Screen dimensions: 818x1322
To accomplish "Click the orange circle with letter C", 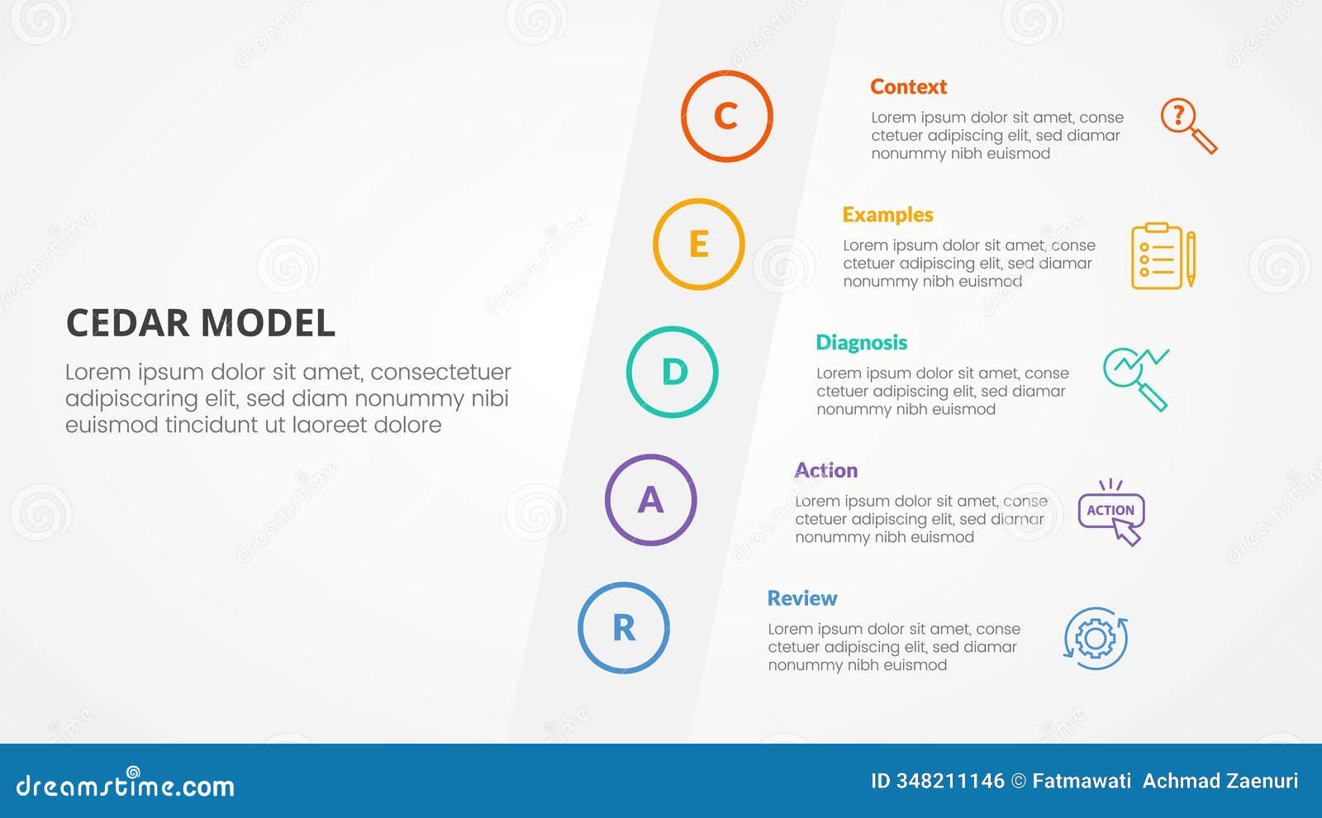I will click(x=726, y=117).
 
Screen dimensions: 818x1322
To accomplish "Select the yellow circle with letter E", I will click(x=698, y=244).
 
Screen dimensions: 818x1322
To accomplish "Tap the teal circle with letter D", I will click(x=672, y=372).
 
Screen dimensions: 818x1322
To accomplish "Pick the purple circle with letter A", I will click(x=650, y=500).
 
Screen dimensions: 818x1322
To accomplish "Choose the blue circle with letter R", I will click(x=623, y=628).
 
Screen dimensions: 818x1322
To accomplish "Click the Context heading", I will click(x=908, y=87).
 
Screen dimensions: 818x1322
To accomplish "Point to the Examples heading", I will click(x=887, y=215).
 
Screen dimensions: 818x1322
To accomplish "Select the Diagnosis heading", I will click(x=861, y=343).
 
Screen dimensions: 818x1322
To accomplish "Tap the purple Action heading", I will click(x=826, y=471).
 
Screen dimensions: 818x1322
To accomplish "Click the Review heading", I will click(x=801, y=598).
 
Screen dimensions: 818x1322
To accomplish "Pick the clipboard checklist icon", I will click(x=1156, y=256).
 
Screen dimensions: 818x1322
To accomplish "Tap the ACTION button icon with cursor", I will click(x=1111, y=512).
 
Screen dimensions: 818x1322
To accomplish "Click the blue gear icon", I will click(x=1096, y=639).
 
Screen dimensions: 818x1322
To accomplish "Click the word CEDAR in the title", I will click(x=128, y=323).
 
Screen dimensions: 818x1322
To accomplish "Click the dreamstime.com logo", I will click(x=126, y=784).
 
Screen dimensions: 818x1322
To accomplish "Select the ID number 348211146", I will click(x=949, y=781).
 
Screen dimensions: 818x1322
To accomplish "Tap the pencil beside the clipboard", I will click(x=1191, y=258).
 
